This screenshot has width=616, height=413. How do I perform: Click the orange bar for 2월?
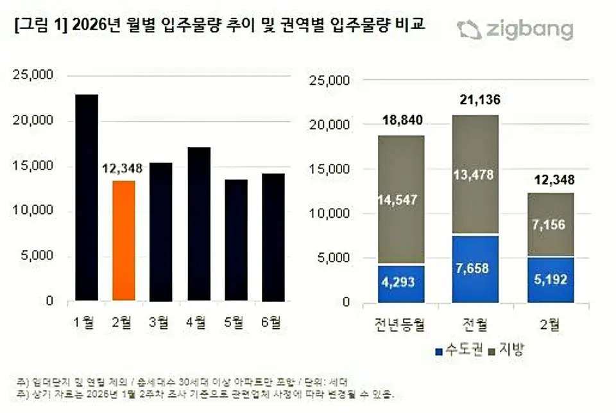click(x=124, y=241)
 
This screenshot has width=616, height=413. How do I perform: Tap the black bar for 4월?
click(x=198, y=224)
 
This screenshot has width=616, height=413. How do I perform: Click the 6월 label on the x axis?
click(x=273, y=321)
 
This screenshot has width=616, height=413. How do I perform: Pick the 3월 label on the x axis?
click(x=161, y=321)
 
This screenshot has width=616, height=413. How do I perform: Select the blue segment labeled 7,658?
click(x=475, y=268)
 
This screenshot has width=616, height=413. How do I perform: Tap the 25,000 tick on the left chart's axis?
click(x=33, y=75)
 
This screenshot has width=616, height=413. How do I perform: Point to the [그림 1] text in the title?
click(x=35, y=26)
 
